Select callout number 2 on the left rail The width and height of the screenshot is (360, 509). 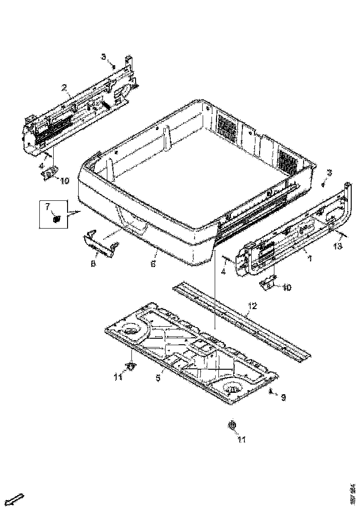coord(64,87)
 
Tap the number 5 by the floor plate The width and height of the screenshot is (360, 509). coord(158,378)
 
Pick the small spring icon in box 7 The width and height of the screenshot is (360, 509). coord(56,219)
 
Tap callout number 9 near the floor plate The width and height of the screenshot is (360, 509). coord(283,397)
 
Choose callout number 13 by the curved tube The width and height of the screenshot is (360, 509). coord(338,246)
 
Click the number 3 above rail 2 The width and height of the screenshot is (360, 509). coord(104,56)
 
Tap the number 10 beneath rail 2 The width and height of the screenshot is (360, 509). coord(64,180)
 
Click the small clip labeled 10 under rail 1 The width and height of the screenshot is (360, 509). coord(267,284)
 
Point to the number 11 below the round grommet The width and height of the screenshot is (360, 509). coord(242,440)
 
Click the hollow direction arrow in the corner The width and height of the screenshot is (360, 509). coord(17,499)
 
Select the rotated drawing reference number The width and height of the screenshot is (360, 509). coord(353,493)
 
